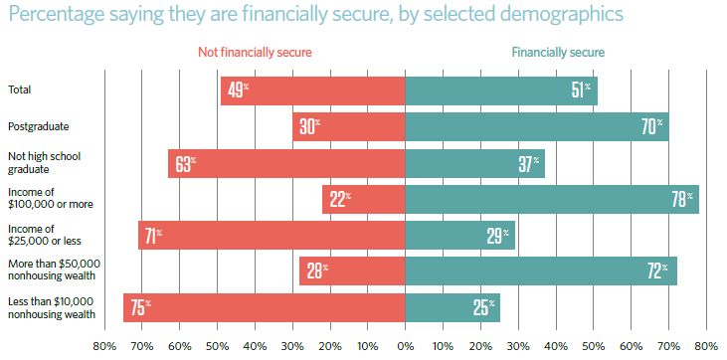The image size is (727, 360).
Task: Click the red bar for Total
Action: point(313,90)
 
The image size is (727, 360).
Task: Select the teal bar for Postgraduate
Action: point(537,126)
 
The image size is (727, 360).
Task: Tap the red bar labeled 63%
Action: point(286,163)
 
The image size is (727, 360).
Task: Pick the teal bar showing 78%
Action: point(552,199)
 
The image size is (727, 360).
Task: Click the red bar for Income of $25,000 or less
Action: point(272,236)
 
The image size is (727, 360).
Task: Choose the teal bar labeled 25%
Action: point(453,307)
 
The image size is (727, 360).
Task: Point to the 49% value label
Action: point(238,90)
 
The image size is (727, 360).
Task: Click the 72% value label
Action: point(657,270)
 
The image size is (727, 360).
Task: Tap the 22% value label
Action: point(340,199)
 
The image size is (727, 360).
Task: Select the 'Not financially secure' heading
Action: point(255,53)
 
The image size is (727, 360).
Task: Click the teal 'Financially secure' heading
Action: point(558,53)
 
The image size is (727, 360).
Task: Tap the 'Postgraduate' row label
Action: point(39,126)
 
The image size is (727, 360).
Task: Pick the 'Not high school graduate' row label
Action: point(45,163)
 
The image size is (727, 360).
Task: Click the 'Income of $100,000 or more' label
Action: point(51,199)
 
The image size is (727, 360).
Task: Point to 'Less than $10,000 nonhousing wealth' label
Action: point(55,307)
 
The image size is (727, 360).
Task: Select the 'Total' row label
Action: point(20,90)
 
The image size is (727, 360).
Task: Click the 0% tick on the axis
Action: point(405,346)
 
